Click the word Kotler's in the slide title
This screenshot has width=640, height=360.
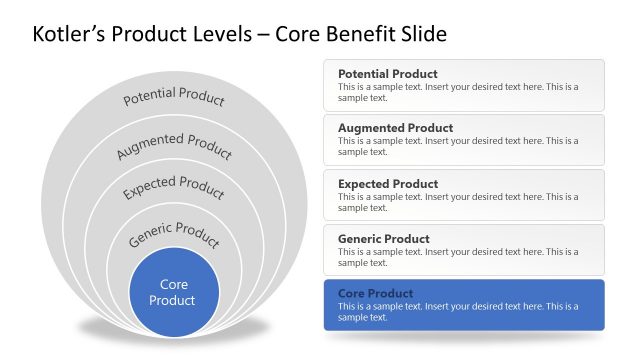pos(69,34)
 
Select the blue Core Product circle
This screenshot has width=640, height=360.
pos(173,293)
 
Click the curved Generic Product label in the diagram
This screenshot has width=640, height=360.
pos(173,235)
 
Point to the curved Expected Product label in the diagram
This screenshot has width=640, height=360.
pos(173,187)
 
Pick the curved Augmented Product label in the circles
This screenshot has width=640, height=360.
pos(173,145)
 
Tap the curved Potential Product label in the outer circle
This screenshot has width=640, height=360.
pos(173,98)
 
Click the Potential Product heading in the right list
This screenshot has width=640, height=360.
pos(387,74)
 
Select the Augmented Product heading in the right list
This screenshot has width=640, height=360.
pos(395,128)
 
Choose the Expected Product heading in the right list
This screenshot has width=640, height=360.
pos(388,184)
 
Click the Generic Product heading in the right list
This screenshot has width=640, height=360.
pos(383,239)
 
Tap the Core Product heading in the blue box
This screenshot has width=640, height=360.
pos(375,294)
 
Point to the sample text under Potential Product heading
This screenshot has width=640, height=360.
pos(457,92)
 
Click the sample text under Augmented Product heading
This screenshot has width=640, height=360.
pos(457,146)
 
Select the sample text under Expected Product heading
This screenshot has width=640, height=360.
pos(457,202)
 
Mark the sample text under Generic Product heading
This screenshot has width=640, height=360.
pos(457,257)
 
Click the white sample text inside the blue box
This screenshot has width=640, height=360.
pos(457,312)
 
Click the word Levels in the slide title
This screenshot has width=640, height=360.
pos(213,34)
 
